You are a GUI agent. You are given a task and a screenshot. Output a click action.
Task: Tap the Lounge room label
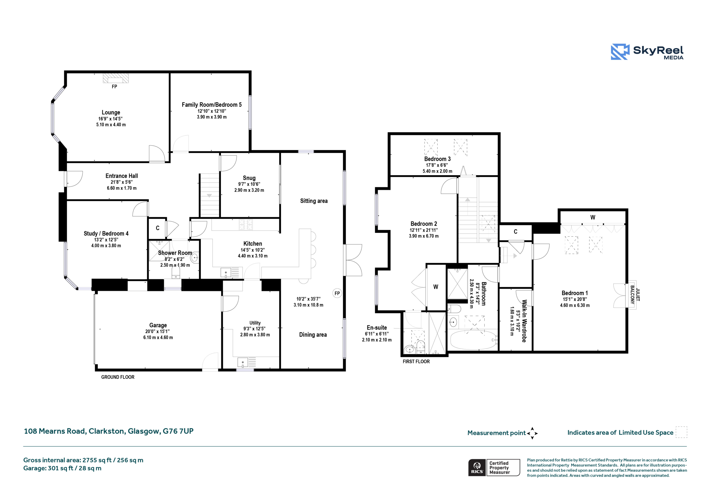pos(111,112)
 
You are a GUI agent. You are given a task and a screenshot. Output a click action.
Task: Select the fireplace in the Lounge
pos(116,78)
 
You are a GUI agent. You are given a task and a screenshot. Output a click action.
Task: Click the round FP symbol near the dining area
pos(337,293)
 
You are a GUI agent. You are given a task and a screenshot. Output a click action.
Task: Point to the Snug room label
pos(249,178)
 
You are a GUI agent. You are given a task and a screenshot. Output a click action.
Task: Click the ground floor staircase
pos(209,195)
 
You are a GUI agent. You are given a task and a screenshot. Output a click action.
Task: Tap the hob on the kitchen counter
pos(246,224)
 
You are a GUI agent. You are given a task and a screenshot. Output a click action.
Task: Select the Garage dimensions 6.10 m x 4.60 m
pos(158,337)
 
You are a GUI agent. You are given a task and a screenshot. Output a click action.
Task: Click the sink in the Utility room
pos(243,362)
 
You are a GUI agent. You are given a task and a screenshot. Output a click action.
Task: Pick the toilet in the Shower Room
pos(176,273)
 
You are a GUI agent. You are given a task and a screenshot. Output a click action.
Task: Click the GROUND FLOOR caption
pos(118,377)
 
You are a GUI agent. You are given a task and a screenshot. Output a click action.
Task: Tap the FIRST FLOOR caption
pos(416,361)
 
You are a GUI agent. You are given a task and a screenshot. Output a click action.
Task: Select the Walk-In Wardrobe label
pos(524,321)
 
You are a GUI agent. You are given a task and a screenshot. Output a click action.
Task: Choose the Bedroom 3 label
pos(437,159)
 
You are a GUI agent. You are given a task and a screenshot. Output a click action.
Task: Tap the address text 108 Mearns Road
pos(55,431)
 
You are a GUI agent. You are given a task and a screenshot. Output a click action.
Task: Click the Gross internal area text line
pos(83,460)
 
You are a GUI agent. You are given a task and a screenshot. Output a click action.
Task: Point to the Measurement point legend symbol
pos(532,433)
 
